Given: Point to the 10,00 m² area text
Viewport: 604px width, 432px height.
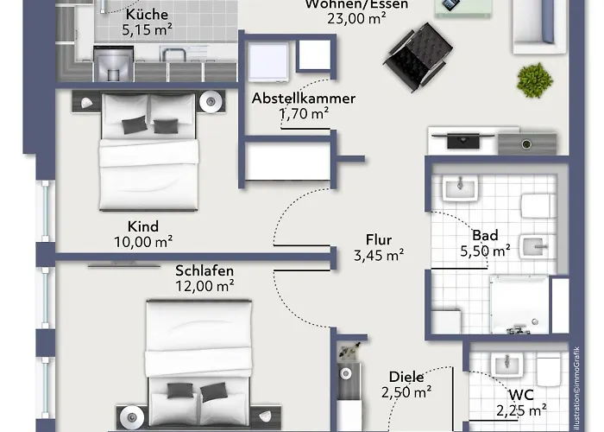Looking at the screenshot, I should tap(142, 243).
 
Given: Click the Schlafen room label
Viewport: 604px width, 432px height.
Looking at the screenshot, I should tap(204, 270).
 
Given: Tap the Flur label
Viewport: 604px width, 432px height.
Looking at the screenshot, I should tap(379, 239).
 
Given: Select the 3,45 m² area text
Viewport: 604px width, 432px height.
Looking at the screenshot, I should tap(379, 255).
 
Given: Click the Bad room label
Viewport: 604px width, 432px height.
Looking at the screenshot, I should tap(484, 234).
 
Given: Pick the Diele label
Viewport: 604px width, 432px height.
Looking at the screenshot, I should tap(406, 377).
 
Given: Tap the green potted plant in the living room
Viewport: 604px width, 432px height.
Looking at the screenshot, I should tap(535, 79).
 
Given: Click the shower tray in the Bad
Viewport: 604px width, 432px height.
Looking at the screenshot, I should tap(519, 304).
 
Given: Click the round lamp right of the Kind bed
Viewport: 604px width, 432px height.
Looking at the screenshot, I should tap(211, 102).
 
